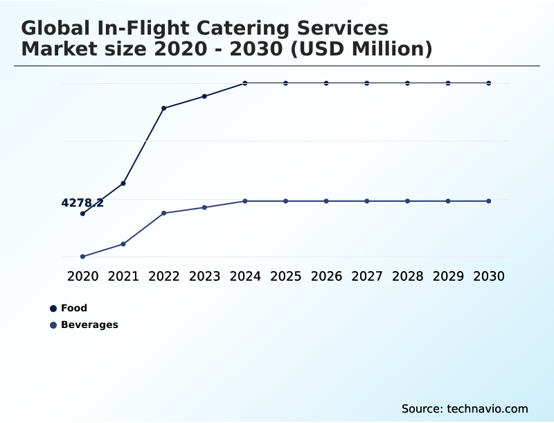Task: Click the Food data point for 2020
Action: pyautogui.click(x=82, y=214)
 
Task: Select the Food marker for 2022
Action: pyautogui.click(x=163, y=108)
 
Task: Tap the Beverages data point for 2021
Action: pyautogui.click(x=123, y=244)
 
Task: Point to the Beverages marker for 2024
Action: pyautogui.click(x=245, y=201)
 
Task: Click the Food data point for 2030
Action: pyautogui.click(x=489, y=83)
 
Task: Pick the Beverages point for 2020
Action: pyautogui.click(x=82, y=257)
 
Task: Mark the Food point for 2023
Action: pyautogui.click(x=204, y=96)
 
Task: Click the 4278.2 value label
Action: pyautogui.click(x=82, y=203)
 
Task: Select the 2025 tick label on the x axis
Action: pyautogui.click(x=285, y=277)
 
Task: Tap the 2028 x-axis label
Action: pyautogui.click(x=407, y=277)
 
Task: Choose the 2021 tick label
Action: pyautogui.click(x=123, y=277)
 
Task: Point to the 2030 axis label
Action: pyautogui.click(x=489, y=277)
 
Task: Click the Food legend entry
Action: pyautogui.click(x=73, y=308)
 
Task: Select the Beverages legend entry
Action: pyautogui.click(x=89, y=325)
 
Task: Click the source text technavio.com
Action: pyautogui.click(x=488, y=408)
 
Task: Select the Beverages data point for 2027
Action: pyautogui.click(x=367, y=201)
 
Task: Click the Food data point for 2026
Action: pyautogui.click(x=326, y=83)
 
